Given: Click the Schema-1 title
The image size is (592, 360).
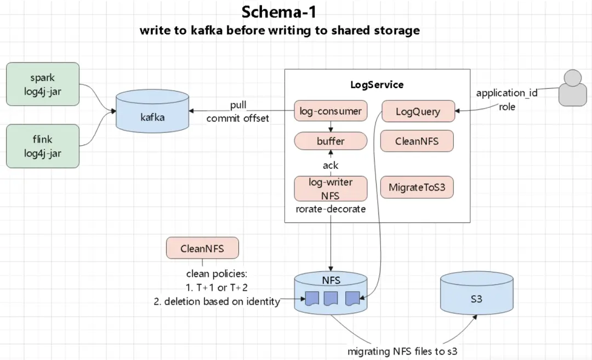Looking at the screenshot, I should pyautogui.click(x=280, y=12).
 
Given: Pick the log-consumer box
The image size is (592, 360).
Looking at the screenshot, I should pyautogui.click(x=331, y=112).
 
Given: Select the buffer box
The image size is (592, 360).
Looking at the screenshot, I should pyautogui.click(x=331, y=141).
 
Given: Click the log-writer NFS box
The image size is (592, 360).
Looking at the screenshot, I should pyautogui.click(x=331, y=188).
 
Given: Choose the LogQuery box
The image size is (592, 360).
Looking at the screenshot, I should pyautogui.click(x=418, y=112).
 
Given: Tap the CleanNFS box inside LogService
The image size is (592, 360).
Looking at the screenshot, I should pyautogui.click(x=417, y=141).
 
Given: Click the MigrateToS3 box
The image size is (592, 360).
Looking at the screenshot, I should pyautogui.click(x=417, y=187).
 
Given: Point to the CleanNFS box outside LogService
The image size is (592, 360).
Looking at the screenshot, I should pyautogui.click(x=202, y=248).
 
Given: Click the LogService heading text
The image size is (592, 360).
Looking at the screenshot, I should pyautogui.click(x=377, y=84).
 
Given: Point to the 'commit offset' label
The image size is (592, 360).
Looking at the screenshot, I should pyautogui.click(x=237, y=118).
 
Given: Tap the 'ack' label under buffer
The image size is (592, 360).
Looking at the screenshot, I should pyautogui.click(x=331, y=165).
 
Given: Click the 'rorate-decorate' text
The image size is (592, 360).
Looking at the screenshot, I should pyautogui.click(x=331, y=209).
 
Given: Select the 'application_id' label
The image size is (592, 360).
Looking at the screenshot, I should pyautogui.click(x=506, y=93).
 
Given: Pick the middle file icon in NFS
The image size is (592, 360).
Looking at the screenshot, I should pyautogui.click(x=331, y=299).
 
